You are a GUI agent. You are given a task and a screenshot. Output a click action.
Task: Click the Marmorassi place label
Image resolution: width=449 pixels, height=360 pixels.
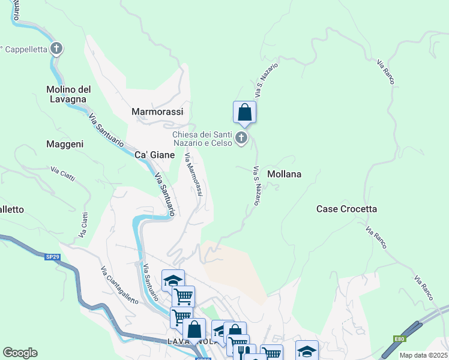[x=157, y=112]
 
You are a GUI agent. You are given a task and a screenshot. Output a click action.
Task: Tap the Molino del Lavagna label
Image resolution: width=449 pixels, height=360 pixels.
[x=68, y=94]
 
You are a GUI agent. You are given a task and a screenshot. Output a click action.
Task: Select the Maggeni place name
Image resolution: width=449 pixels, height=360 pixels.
[x=65, y=144]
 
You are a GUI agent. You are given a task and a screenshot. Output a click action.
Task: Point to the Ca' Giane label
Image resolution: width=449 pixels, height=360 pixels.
[x=154, y=155]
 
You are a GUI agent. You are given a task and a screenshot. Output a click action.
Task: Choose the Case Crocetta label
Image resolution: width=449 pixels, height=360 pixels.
[x=346, y=209]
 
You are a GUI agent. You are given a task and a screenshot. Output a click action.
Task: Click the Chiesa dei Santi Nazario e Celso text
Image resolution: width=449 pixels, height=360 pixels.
[x=202, y=139]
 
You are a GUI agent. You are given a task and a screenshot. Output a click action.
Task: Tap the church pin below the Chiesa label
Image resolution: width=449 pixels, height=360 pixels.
[x=241, y=139]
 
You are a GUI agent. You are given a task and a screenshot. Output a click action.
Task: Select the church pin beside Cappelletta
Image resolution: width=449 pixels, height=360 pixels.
[x=56, y=48]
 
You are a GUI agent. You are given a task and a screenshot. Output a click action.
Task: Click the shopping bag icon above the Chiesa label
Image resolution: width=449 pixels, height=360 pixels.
[x=244, y=112]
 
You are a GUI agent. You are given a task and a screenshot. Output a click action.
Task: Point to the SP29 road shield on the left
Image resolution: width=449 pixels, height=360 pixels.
[x=53, y=257]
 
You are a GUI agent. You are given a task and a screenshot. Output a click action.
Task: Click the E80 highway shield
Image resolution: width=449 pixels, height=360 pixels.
[x=399, y=339]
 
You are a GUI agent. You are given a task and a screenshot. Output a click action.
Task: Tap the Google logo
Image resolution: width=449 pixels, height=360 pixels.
[x=20, y=353]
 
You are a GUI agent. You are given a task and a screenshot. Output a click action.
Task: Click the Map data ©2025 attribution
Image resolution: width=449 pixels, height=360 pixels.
[x=423, y=355]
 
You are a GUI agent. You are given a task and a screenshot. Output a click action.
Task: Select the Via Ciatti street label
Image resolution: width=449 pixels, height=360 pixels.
[x=62, y=175]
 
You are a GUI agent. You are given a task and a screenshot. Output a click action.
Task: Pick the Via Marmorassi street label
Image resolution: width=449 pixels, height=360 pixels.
[x=194, y=175]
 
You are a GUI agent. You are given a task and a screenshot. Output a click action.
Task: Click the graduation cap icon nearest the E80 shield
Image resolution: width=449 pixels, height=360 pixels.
[x=307, y=350]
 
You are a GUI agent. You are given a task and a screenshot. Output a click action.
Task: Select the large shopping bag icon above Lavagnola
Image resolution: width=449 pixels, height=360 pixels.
[x=194, y=329]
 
